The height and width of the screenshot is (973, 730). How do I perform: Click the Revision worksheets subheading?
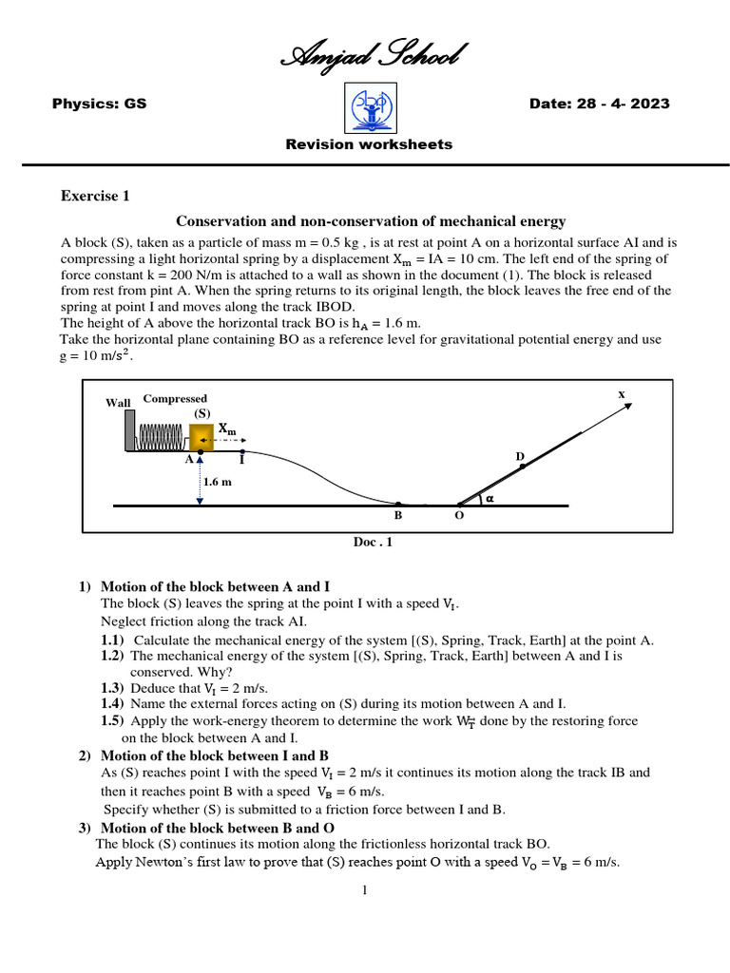[x=369, y=144]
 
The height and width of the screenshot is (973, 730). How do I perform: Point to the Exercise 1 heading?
[x=95, y=197]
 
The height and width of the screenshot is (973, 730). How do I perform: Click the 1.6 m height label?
[x=217, y=482]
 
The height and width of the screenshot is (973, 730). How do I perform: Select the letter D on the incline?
[x=520, y=457]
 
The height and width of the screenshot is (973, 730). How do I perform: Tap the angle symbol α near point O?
[x=490, y=497]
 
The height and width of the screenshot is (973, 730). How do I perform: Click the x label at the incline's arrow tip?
[x=622, y=392]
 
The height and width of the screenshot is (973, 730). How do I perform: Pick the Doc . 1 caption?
[x=373, y=543]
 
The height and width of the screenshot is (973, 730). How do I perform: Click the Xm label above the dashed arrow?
[x=227, y=429]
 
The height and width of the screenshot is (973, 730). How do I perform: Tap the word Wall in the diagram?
[x=118, y=403]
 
